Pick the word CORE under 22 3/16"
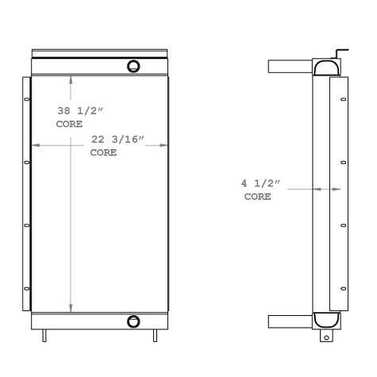pyautogui.click(x=103, y=152)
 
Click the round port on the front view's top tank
pyautogui.click(x=133, y=66)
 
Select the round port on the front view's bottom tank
pyautogui.click(x=133, y=321)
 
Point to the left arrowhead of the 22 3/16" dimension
pyautogui.click(x=35, y=145)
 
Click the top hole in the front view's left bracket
pyautogui.click(x=27, y=100)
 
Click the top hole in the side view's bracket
pyautogui.click(x=343, y=100)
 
